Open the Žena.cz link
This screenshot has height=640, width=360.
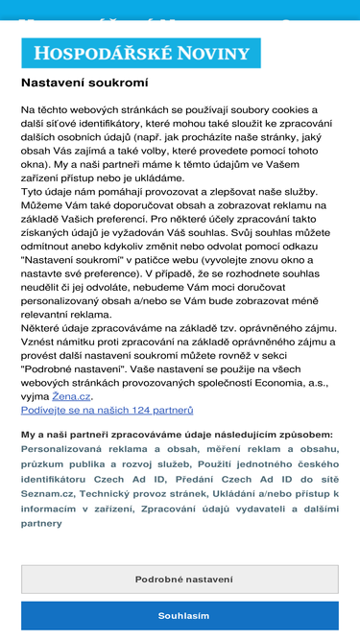click(x=71, y=396)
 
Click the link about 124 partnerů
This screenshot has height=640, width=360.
click(x=107, y=410)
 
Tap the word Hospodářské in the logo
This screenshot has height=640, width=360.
click(x=106, y=54)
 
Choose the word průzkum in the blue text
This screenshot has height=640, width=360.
click(x=46, y=462)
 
